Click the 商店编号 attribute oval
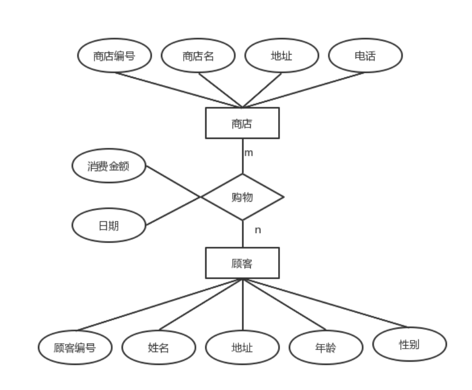[x=114, y=56]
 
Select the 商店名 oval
[x=198, y=56]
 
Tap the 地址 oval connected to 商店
[x=281, y=56]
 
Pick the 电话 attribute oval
[x=365, y=56]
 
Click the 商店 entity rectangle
[x=242, y=123]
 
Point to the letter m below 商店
[x=249, y=153]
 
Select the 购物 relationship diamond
[x=243, y=197]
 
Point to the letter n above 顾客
[x=258, y=230]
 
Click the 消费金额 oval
[x=109, y=167]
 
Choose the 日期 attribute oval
[x=109, y=226]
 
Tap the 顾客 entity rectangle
[x=242, y=263]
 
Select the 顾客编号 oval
[x=75, y=347]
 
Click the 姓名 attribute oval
[x=159, y=347]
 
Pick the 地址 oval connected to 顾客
[x=242, y=347]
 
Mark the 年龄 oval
[x=326, y=346]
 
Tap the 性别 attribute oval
[x=409, y=344]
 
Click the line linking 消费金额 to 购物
[x=173, y=182]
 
